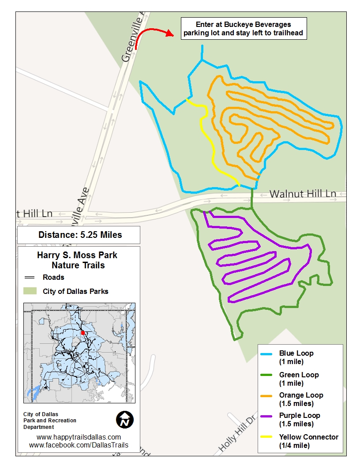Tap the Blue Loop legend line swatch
(269, 354)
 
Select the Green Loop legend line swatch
(269, 375)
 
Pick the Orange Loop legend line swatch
(269, 395)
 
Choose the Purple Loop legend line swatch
(269, 416)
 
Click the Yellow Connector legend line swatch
(269, 437)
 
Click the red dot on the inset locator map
(83, 333)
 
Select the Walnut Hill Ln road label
(303, 194)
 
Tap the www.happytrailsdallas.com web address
(79, 437)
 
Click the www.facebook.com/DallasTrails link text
(79, 445)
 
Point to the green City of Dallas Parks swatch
(30, 291)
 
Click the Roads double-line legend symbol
(30, 278)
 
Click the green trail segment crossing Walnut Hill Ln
(252, 197)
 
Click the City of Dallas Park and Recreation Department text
(49, 421)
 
